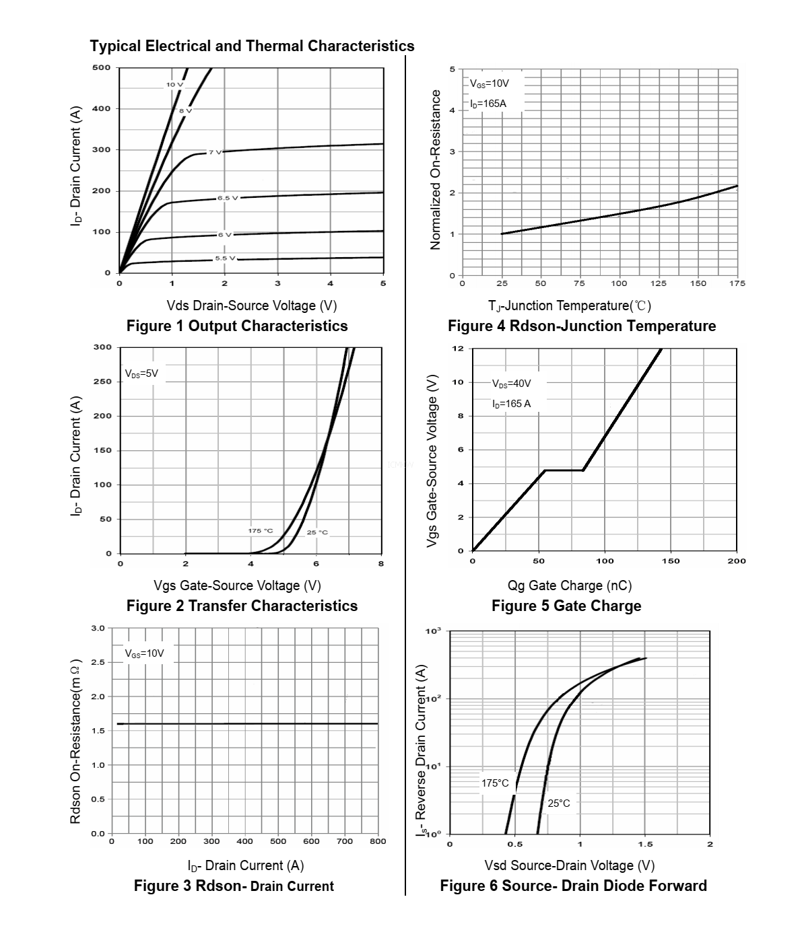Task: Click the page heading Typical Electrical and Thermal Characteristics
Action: point(252,46)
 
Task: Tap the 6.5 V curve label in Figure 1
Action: point(227,198)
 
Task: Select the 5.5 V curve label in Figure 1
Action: point(226,258)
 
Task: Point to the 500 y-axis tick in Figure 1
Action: point(102,67)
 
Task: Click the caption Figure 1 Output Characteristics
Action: point(237,326)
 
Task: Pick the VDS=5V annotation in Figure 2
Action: point(141,373)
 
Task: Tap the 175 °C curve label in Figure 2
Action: point(261,531)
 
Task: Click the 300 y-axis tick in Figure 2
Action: point(102,347)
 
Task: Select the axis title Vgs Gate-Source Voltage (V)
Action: point(237,585)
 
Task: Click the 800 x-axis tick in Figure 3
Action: point(378,841)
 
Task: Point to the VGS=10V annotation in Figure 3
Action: point(144,653)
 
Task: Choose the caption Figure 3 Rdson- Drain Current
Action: point(234,886)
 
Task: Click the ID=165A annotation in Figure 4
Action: point(488,104)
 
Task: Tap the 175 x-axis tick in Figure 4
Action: point(737,283)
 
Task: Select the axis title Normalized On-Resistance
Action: point(436,170)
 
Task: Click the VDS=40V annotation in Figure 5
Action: point(511,384)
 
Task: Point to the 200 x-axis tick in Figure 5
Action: point(737,561)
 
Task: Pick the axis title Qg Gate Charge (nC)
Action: point(570,585)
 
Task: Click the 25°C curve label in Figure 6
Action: point(558,803)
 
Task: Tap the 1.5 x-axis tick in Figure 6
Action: point(644,844)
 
